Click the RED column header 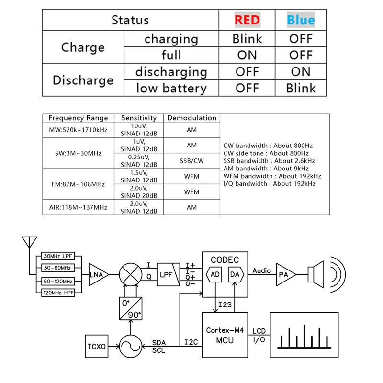[247, 20]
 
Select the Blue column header [301, 20]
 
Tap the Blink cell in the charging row [247, 39]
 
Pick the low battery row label [171, 88]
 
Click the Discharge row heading [83, 80]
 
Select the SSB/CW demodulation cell [191, 161]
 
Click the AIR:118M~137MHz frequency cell [78, 207]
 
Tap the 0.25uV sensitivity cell [138, 161]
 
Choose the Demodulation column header [191, 118]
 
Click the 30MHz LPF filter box [58, 257]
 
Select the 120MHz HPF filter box [58, 292]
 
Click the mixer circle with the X [130, 274]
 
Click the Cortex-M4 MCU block [225, 335]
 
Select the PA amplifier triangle [284, 274]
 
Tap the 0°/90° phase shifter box [130, 308]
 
